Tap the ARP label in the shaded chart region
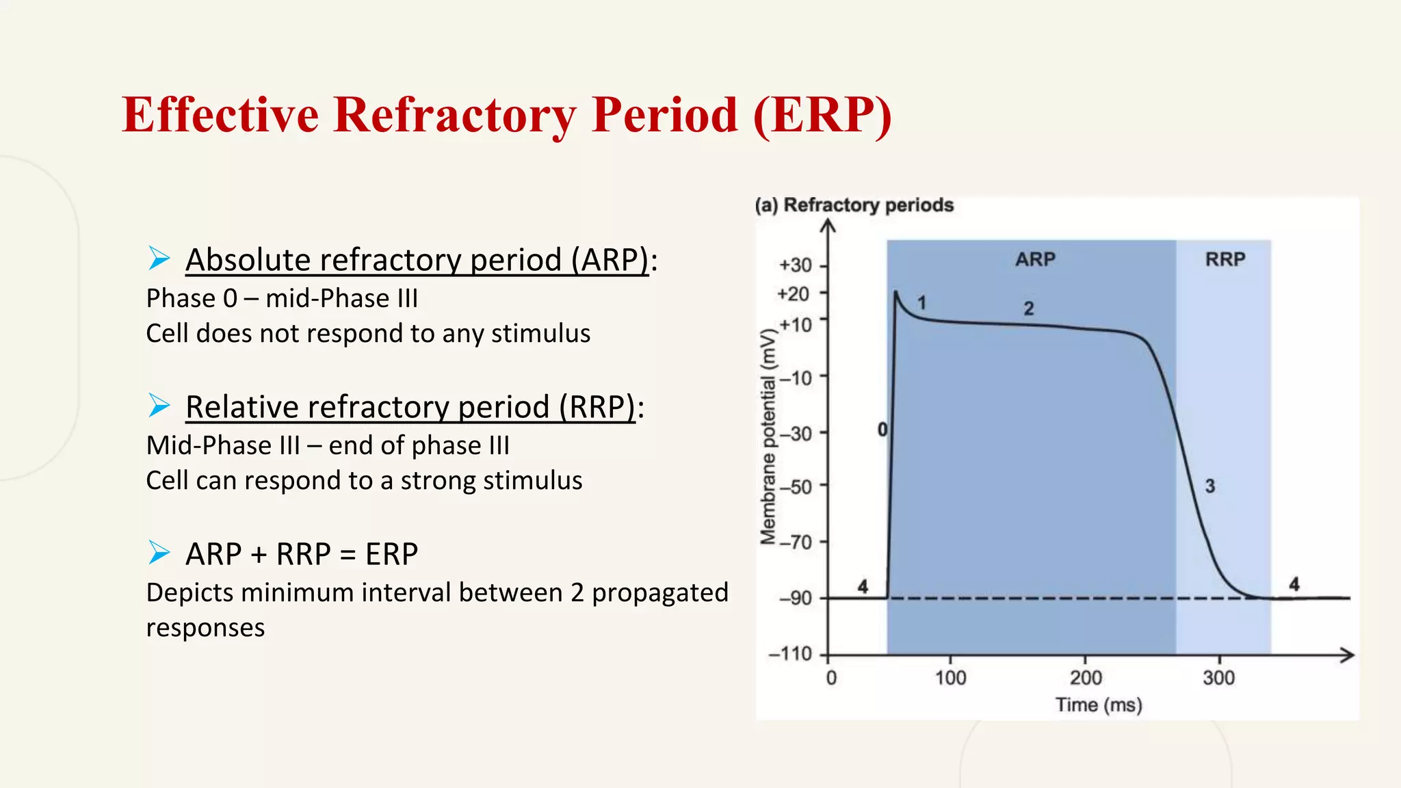pos(1035,259)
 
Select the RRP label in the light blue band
pos(1225,259)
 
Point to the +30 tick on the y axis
pos(796,265)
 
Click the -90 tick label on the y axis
pos(796,599)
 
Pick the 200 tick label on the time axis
pos(1086,678)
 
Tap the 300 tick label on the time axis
pos(1218,678)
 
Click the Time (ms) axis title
pos(1098,705)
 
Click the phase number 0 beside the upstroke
pos(882,430)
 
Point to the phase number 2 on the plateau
pos(1028,308)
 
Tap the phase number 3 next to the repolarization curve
pos(1209,486)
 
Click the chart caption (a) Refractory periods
pos(854,205)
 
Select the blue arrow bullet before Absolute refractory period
pos(159,259)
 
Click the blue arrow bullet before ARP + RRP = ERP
pos(159,552)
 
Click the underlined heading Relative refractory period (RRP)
pos(410,407)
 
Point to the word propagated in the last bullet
pos(659,593)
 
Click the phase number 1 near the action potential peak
pos(921,302)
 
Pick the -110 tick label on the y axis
pos(791,654)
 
